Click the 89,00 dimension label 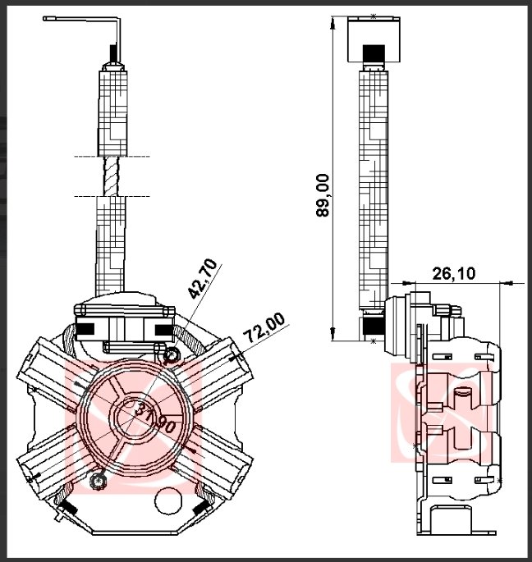click(323, 195)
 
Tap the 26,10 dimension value click(454, 273)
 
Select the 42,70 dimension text click(203, 278)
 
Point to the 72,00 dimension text click(264, 327)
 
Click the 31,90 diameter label click(155, 416)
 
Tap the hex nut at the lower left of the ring click(97, 480)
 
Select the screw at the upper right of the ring click(172, 354)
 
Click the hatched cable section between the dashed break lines click(111, 176)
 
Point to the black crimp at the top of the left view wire click(112, 53)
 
